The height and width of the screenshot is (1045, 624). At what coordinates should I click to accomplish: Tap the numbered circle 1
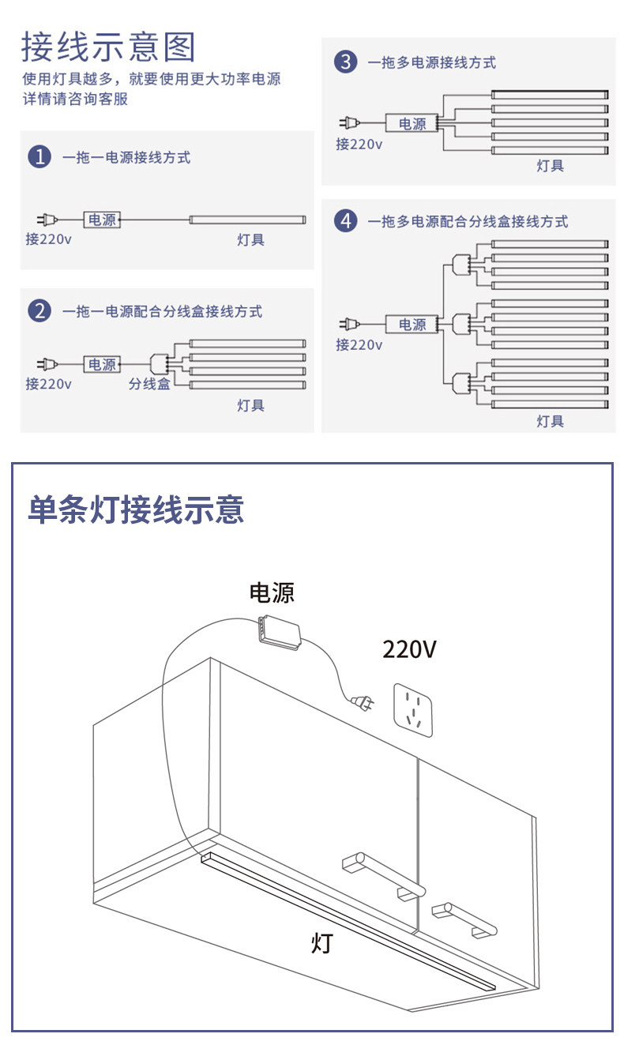coord(39,157)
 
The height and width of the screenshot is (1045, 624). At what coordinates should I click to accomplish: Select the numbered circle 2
coord(39,311)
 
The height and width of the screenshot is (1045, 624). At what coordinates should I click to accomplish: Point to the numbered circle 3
coord(345,62)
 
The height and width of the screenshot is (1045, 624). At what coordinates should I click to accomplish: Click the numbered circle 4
coord(345,221)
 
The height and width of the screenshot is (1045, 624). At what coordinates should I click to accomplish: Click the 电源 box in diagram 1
coord(103,220)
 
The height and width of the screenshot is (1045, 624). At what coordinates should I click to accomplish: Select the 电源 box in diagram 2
coord(102,364)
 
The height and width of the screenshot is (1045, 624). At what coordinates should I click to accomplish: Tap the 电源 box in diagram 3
coord(412,124)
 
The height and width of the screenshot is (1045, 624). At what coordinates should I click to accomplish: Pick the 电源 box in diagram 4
coord(412,325)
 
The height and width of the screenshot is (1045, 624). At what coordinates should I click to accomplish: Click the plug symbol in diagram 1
coord(47,220)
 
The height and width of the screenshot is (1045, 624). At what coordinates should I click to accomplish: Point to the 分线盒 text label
coord(150,385)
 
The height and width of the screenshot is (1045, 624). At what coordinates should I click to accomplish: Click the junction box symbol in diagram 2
coord(160,364)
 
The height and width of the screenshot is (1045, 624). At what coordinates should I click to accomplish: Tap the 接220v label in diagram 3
coord(359,144)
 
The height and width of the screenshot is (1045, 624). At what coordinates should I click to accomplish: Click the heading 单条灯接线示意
coord(136,509)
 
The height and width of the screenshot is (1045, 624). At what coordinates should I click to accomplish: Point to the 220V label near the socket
coord(409,649)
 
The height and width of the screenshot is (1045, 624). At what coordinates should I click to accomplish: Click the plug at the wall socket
coord(363,701)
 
